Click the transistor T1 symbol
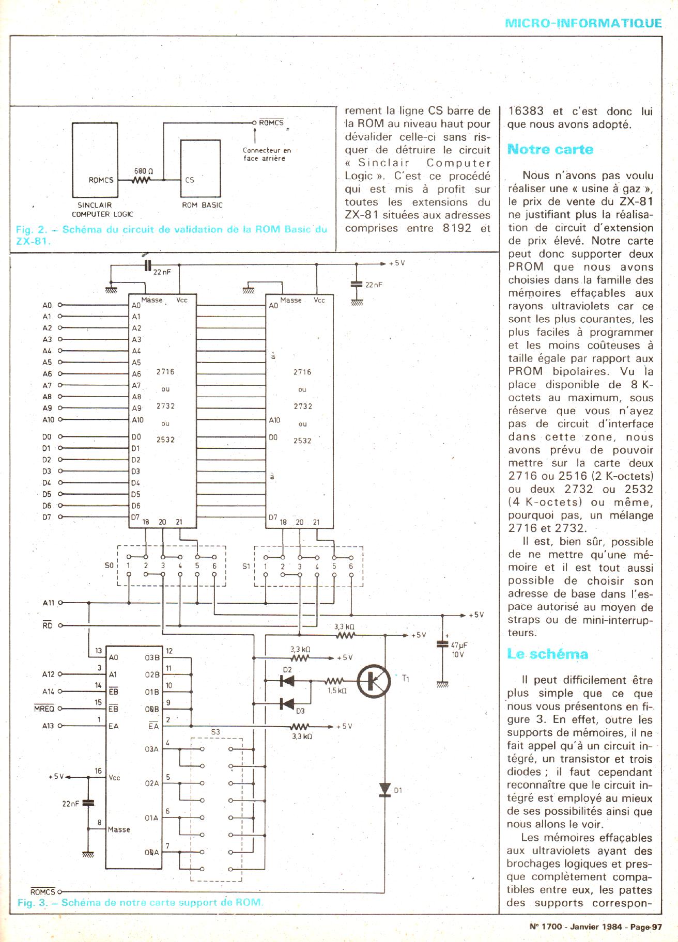click(x=373, y=681)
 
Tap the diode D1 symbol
click(x=384, y=789)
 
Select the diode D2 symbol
click(x=287, y=681)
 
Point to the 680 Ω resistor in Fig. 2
click(x=142, y=180)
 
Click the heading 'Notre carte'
click(x=550, y=150)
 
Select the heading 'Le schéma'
click(x=547, y=654)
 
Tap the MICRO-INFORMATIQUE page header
click(x=583, y=23)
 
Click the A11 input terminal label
click(x=48, y=603)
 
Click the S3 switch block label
click(x=215, y=732)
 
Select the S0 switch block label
click(x=108, y=566)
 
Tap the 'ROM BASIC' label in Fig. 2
click(x=202, y=205)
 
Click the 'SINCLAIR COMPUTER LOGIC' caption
click(x=102, y=209)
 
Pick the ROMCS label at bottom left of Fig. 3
click(x=42, y=892)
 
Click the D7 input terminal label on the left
click(x=47, y=516)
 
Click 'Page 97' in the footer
click(x=647, y=927)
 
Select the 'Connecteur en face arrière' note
click(x=267, y=154)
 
